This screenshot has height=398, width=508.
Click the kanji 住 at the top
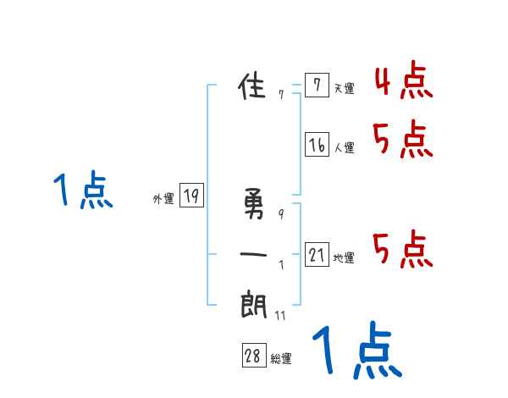click(254, 86)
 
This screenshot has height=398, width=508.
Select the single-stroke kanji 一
click(254, 253)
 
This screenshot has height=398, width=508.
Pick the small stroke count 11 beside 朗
click(280, 316)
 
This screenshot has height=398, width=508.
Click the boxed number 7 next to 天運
click(316, 86)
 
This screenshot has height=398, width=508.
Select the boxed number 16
click(317, 145)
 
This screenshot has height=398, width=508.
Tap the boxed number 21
click(317, 254)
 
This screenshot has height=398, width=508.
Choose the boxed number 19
click(191, 196)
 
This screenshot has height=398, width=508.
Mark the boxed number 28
click(253, 356)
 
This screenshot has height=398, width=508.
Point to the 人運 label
click(344, 148)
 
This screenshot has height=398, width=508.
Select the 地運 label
click(344, 257)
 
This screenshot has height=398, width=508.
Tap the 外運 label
click(163, 199)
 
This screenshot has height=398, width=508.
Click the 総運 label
click(281, 359)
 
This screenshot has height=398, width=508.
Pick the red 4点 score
click(403, 81)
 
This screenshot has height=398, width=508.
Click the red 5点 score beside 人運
click(403, 140)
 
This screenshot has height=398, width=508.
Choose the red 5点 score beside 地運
click(403, 249)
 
